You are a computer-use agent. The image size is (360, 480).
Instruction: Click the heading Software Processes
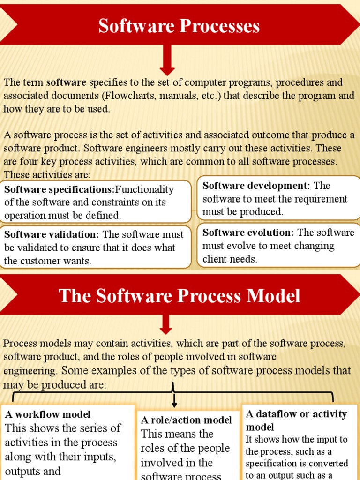click(x=179, y=26)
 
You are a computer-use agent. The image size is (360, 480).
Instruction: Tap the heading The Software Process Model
click(x=179, y=296)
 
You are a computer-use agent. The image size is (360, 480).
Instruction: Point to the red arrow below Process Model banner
click(x=166, y=324)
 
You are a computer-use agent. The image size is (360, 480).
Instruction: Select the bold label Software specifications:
click(x=60, y=190)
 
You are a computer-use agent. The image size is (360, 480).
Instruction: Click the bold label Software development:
click(x=256, y=186)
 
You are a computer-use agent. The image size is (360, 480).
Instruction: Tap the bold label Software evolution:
click(x=248, y=232)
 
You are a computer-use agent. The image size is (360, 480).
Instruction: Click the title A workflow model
click(x=48, y=414)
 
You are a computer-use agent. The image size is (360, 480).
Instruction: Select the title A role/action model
click(x=187, y=420)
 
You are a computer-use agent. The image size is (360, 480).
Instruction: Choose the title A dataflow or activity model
click(x=296, y=420)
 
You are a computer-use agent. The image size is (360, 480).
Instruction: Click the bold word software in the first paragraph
click(x=66, y=83)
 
